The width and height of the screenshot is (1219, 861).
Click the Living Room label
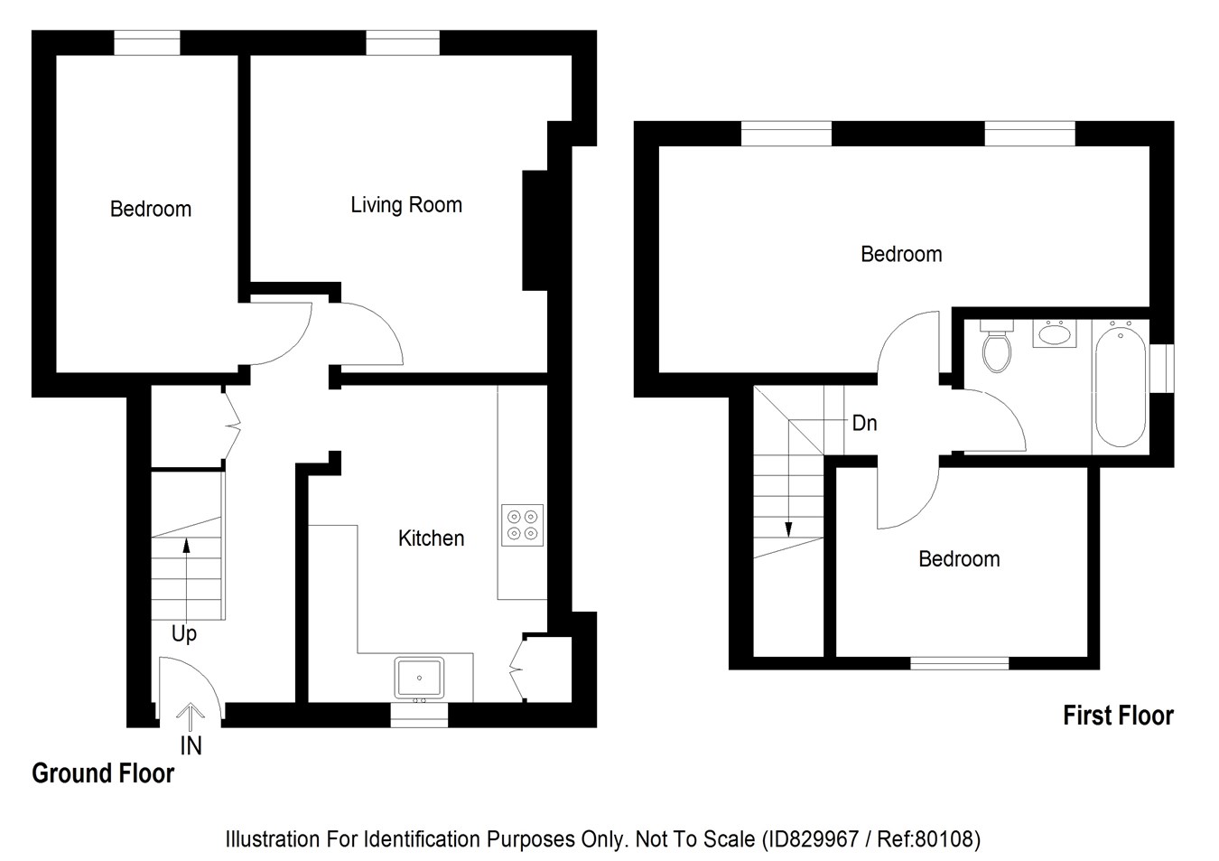pos(406,205)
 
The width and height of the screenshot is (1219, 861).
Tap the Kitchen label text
pos(431,538)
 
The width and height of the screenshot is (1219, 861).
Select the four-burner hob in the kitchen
pos(523,524)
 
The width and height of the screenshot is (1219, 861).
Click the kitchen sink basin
pos(419,677)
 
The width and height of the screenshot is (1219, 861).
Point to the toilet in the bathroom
pos(996,348)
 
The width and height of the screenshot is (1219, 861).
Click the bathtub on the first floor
pos(1121,387)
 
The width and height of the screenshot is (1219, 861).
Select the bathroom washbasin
pos(1052,333)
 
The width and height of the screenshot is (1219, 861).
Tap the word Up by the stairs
pos(183,634)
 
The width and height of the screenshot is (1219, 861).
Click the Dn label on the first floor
pos(864,423)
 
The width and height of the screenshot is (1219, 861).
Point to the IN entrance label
pos(191,746)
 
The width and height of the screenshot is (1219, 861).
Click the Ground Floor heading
pos(103,774)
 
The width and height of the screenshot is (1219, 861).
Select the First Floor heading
pos(1118,716)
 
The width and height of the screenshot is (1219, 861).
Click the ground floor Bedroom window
pos(146,42)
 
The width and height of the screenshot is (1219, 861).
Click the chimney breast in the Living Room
pos(535,230)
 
